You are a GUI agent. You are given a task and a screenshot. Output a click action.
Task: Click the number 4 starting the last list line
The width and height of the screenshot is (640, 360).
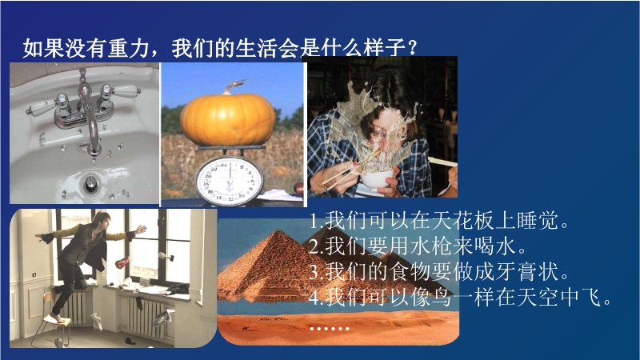[314, 298]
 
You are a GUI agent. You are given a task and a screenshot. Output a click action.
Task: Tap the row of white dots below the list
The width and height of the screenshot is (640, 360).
[329, 329]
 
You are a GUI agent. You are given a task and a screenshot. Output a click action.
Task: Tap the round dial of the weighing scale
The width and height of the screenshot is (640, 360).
[230, 181]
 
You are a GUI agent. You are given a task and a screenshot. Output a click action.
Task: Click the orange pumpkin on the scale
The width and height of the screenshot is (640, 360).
[228, 118]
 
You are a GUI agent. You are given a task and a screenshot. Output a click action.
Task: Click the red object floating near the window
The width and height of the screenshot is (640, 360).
[122, 262]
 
